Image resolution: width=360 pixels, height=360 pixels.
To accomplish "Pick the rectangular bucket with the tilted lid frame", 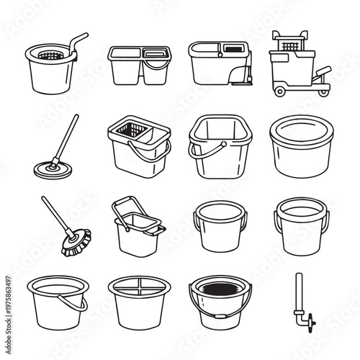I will click(135, 229).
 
